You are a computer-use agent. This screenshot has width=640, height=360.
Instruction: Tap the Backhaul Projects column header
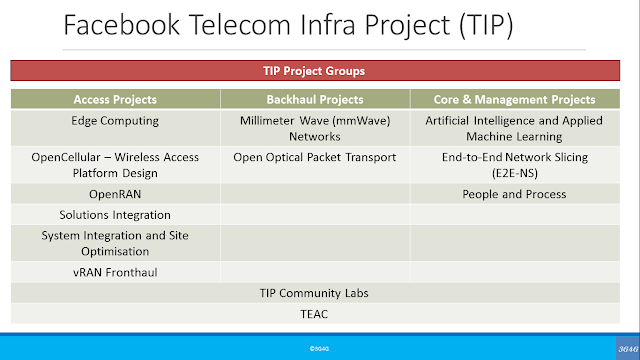315,100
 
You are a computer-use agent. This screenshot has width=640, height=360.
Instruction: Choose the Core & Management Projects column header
514,100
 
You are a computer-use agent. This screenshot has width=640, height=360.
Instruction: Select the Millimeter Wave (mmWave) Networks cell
315,129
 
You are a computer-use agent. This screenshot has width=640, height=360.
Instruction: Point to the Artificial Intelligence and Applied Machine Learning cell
514,129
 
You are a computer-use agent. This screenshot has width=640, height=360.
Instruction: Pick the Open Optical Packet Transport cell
315,157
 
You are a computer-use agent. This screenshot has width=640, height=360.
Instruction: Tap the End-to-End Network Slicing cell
514,165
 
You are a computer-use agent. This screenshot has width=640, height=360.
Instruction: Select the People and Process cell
514,194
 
